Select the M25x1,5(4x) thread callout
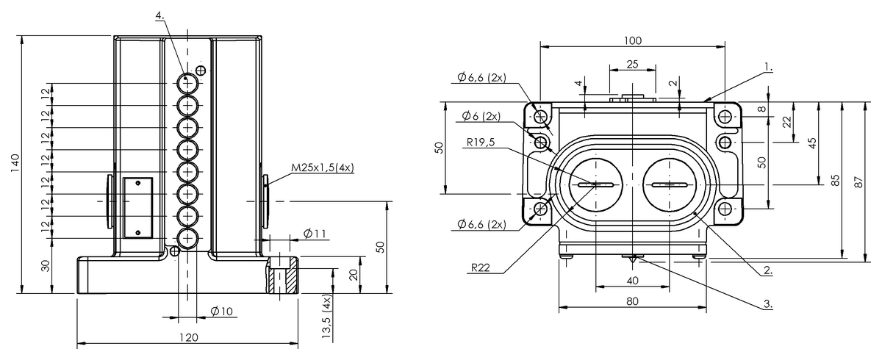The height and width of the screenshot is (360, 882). [x=323, y=168]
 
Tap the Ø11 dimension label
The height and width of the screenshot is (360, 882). [x=315, y=234]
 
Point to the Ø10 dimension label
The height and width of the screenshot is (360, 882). [x=222, y=312]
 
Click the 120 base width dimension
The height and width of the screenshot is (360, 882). [x=189, y=337]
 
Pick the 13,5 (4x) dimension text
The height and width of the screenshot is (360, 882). [x=327, y=316]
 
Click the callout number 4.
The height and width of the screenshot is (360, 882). [x=159, y=15]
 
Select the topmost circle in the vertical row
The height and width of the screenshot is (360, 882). [x=187, y=83]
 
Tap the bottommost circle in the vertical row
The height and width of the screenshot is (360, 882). [x=187, y=239]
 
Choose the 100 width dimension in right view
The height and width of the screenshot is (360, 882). [x=633, y=40]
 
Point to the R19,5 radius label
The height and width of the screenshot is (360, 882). [x=481, y=142]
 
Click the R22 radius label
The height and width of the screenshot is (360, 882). [x=481, y=267]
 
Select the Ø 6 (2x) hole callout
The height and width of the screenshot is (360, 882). [x=481, y=116]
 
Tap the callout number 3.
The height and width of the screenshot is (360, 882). [x=767, y=303]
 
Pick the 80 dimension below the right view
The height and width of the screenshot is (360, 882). [x=632, y=301]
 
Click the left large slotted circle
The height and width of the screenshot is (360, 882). [x=596, y=184]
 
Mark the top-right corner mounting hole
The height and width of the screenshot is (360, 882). [x=725, y=117]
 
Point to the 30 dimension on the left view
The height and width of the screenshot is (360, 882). [x=46, y=266]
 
